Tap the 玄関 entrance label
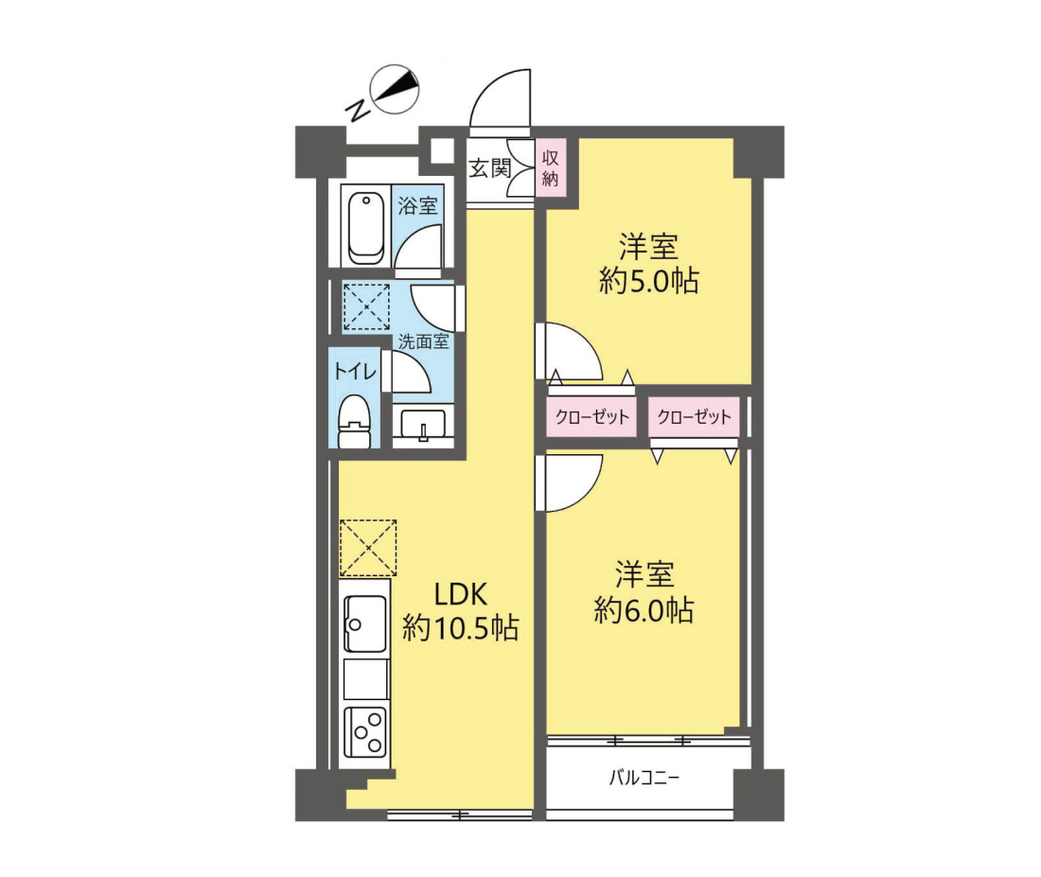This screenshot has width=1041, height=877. [490, 168]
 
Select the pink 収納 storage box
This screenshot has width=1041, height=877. [551, 168]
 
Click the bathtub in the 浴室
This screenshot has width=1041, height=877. [365, 228]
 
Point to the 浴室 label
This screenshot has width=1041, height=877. [417, 205]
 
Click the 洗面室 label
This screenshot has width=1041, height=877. [424, 342]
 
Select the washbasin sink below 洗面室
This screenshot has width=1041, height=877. [423, 426]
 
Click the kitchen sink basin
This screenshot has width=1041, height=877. [365, 623]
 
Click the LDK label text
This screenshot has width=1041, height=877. [461, 594]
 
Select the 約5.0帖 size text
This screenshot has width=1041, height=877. [648, 281]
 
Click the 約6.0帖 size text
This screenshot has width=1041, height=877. [644, 609]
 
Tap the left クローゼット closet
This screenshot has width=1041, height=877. [592, 417]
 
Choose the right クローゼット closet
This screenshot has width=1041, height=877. [694, 417]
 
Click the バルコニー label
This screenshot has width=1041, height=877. [644, 778]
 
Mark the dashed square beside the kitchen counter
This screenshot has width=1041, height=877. [368, 548]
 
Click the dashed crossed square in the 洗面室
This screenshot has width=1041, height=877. [366, 307]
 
